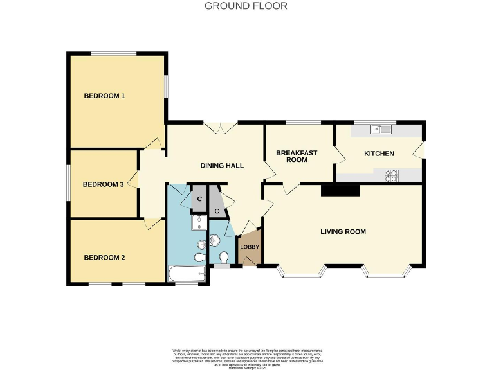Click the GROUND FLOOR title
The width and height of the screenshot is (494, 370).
(246, 6)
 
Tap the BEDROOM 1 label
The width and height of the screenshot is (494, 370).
(104, 96)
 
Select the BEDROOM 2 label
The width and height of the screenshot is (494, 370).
(104, 258)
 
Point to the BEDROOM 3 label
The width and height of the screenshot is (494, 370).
(103, 184)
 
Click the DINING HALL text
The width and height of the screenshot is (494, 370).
(222, 166)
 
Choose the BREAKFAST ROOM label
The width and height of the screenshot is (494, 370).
(297, 156)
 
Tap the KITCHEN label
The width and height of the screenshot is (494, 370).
(379, 154)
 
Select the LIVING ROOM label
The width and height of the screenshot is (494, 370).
(343, 231)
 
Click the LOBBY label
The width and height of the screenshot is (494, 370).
(249, 247)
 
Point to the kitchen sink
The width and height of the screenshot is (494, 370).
(381, 130)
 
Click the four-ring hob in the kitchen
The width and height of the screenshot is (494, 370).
(391, 175)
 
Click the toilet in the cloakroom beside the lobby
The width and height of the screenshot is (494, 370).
(223, 257)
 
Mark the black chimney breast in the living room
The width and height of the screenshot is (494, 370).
(340, 190)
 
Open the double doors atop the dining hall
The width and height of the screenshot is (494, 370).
(220, 127)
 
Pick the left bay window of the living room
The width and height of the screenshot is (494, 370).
(301, 273)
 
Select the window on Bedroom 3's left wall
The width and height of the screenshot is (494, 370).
(69, 184)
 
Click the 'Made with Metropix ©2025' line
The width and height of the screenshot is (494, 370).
(247, 367)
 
